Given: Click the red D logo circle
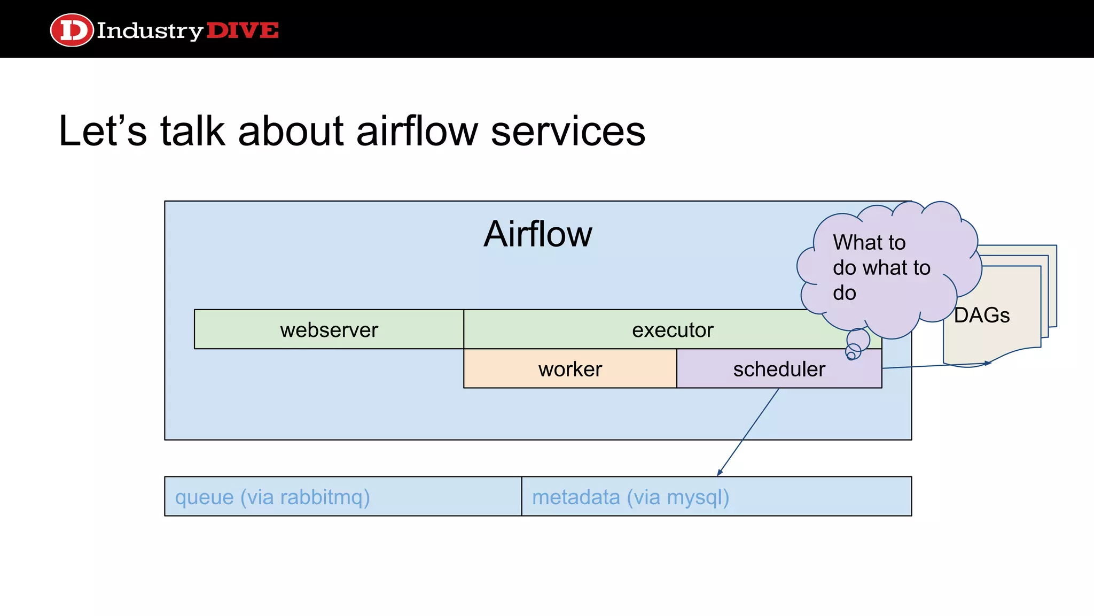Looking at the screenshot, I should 72,30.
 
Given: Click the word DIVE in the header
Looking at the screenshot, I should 242,30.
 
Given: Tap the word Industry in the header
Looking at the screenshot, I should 150,31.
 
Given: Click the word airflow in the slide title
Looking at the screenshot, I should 417,131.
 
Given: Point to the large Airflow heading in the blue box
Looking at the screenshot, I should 537,234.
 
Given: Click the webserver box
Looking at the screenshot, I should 329,329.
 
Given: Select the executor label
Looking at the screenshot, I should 672,330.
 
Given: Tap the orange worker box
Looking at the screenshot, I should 569,369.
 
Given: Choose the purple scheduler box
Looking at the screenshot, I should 778,369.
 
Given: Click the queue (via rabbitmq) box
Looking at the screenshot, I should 342,496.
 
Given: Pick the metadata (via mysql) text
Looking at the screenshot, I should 630,497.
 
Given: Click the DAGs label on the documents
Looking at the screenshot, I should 981,315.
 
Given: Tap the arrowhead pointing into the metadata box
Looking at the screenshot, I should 720,473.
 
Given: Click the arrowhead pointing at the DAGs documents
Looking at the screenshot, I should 988,363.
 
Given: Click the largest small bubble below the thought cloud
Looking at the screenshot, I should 858,339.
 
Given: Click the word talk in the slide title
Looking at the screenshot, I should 192,131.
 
